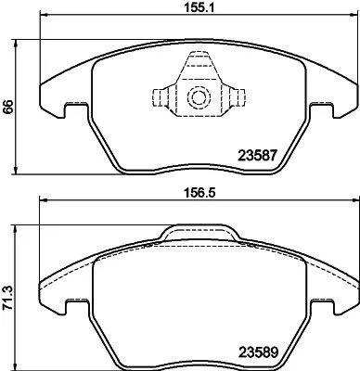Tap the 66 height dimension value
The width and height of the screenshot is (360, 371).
pos(8,107)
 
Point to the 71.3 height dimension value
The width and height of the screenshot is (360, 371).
pos(8,298)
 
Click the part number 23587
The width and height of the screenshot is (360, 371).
pos(256,155)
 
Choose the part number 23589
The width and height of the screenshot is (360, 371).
pos(258,352)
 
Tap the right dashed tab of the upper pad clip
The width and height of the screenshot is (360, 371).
pos(237,97)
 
